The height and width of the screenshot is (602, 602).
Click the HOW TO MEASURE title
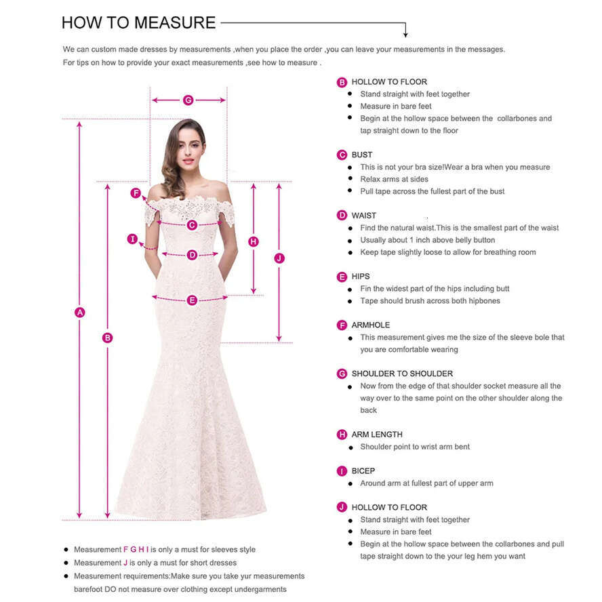point(138,22)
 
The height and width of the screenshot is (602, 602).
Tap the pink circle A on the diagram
point(80,312)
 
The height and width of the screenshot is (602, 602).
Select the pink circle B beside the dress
point(107,337)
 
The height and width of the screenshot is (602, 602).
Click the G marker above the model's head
point(188,100)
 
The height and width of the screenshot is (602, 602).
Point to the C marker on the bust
point(192,224)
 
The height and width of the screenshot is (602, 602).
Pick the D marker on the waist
point(192,255)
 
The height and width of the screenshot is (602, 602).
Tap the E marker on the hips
point(192,300)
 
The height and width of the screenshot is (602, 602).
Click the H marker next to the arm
point(254,241)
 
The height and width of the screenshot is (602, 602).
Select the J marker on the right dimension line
point(279,258)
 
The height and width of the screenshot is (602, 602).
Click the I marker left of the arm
point(133,239)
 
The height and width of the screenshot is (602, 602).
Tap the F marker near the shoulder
point(136,193)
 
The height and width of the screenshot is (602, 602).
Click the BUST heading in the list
point(362,155)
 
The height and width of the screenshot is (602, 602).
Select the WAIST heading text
point(364,216)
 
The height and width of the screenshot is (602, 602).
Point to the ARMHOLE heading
point(371,325)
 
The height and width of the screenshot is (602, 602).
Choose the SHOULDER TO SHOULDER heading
point(402,374)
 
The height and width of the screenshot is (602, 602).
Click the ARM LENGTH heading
point(377,435)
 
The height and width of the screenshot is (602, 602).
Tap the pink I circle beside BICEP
point(342,471)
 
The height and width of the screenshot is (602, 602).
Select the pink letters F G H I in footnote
point(136,549)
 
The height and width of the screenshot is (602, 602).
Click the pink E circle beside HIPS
point(342,277)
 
